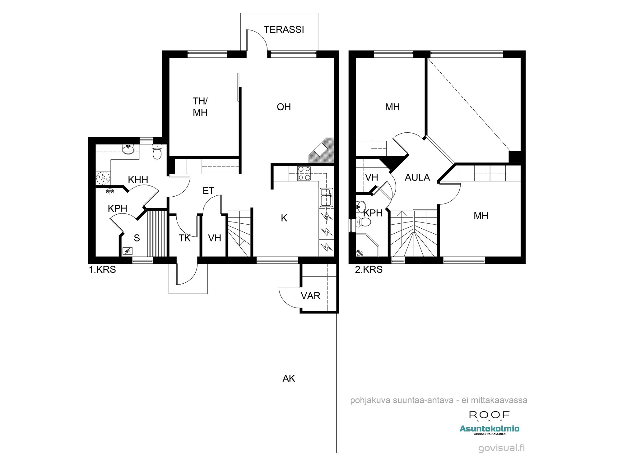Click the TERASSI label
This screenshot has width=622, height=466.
tap(284, 30)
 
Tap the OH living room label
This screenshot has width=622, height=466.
tap(284, 107)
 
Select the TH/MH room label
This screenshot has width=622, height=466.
tap(200, 107)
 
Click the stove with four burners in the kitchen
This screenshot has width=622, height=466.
tap(304, 173)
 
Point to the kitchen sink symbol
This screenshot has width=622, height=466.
tap(327, 198)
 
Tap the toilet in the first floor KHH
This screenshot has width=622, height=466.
tap(157, 153)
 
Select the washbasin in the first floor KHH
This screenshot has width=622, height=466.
tap(128, 149)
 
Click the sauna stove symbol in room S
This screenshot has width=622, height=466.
tap(128, 251)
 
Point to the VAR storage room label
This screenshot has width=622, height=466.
tap(310, 296)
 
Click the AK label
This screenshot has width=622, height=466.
tap(289, 379)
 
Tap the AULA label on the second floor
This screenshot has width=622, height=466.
tap(417, 178)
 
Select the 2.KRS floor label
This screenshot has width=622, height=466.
tap(369, 270)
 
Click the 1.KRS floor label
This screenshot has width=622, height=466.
tap(102, 270)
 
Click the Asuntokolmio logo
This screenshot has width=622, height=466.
tap(489, 429)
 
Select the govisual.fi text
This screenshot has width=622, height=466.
tap(501, 448)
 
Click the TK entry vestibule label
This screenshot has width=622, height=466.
tap(184, 238)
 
